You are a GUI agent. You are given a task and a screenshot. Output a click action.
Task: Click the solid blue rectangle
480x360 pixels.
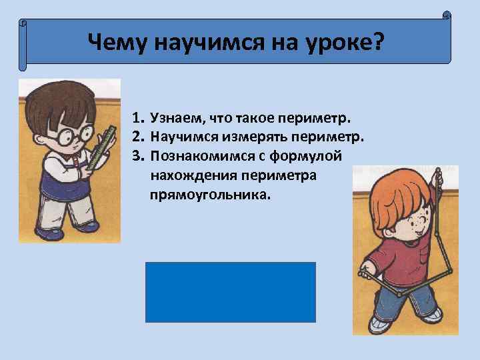point(230,292)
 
